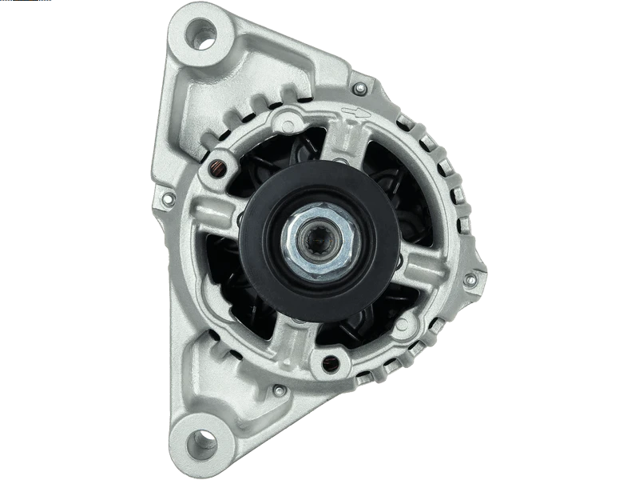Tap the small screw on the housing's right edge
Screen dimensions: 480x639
point(470,278)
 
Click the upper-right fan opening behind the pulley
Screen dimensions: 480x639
point(391,180)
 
